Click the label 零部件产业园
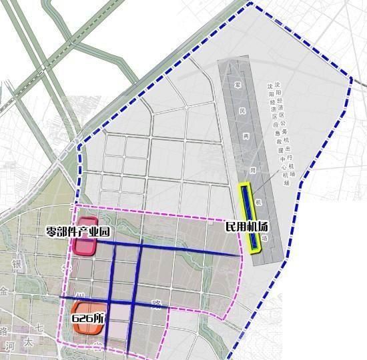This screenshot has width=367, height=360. point(77,233)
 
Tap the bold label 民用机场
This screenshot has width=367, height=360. point(247,227)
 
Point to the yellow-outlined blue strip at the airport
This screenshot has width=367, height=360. point(252,217)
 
